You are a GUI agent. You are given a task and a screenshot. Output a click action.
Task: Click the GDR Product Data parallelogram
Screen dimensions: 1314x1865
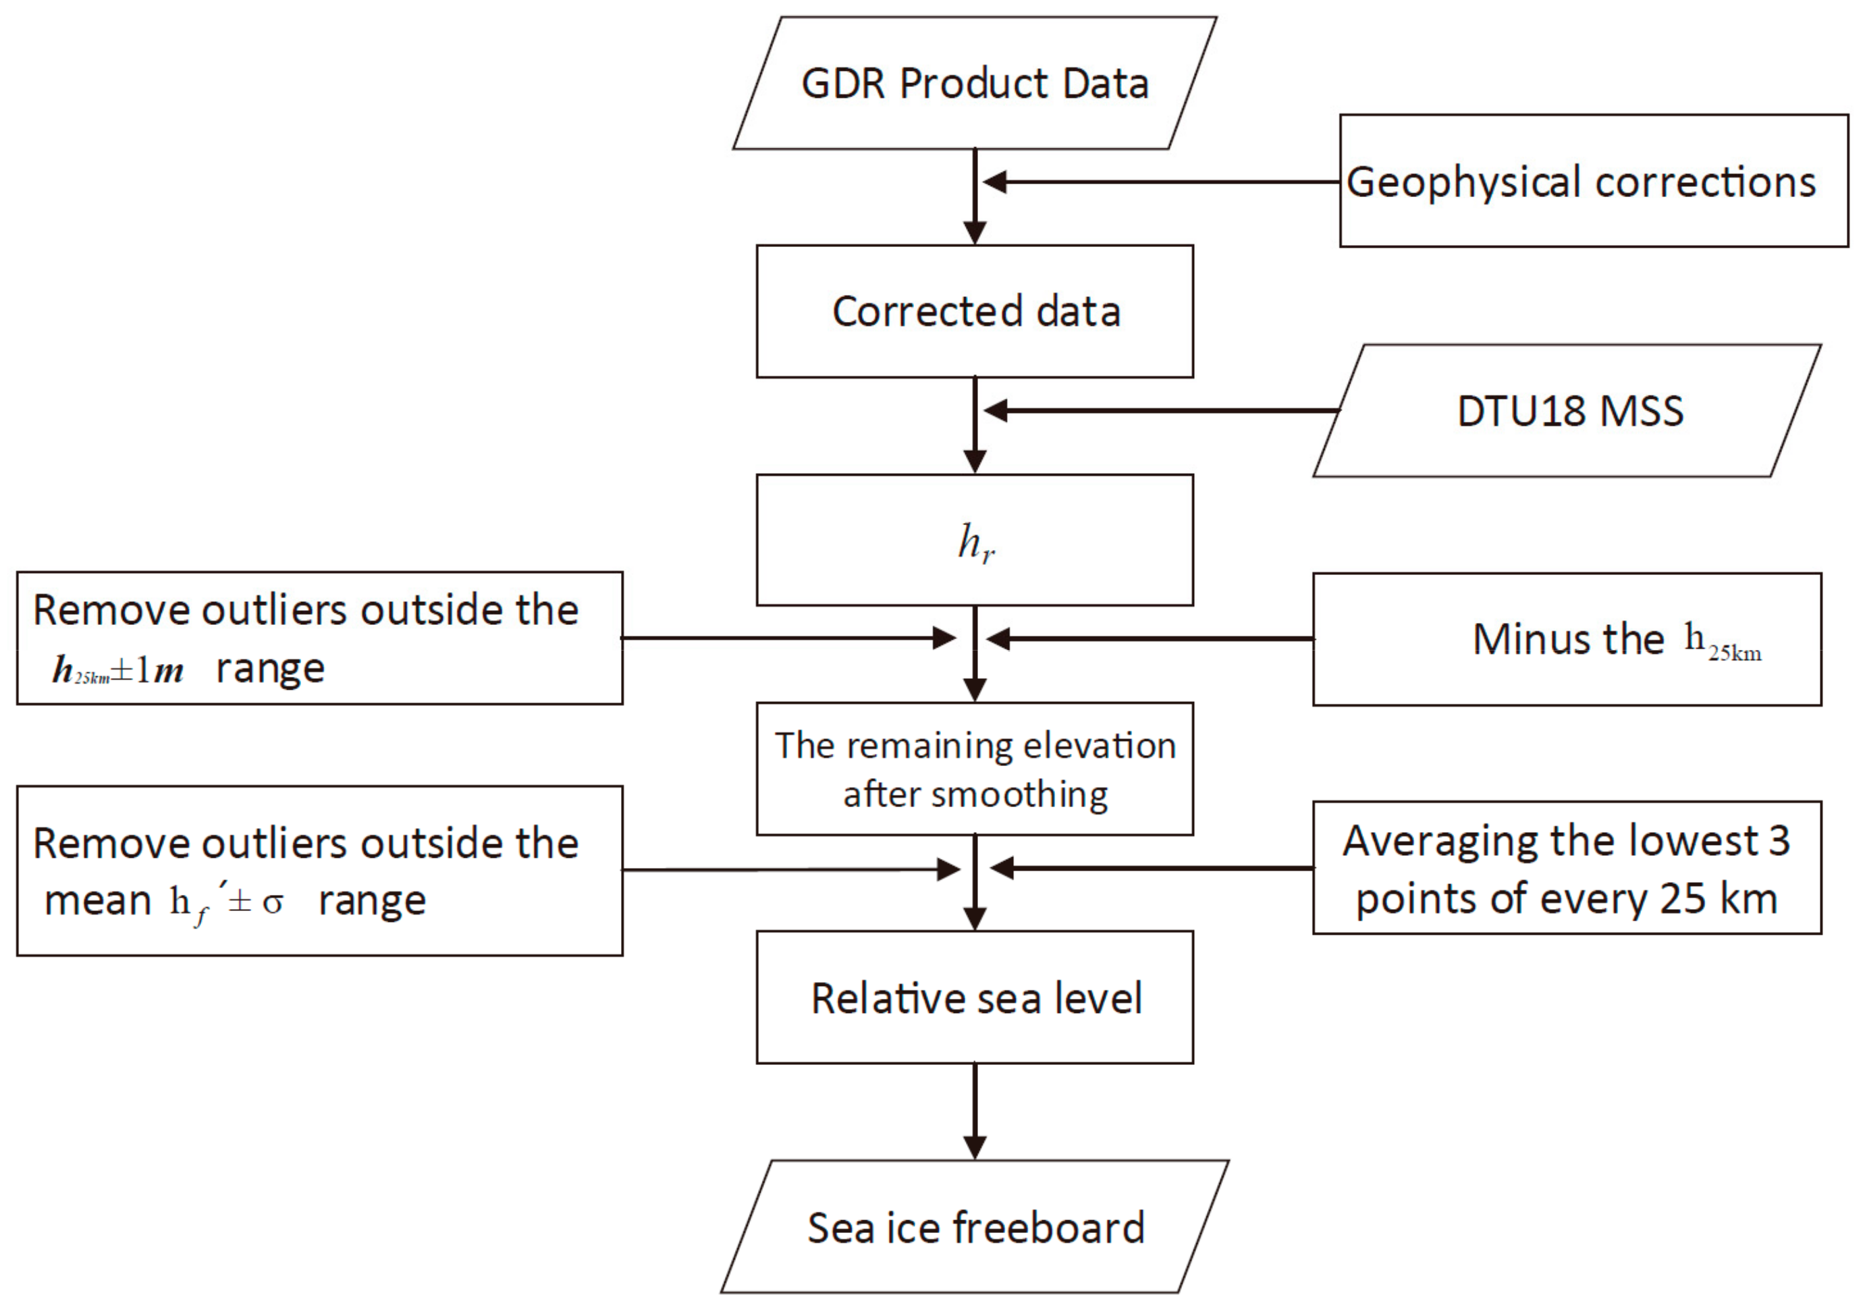click(975, 84)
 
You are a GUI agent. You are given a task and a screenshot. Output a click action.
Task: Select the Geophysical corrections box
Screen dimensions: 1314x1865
click(1594, 181)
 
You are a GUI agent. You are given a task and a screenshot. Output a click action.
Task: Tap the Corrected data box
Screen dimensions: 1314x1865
click(975, 312)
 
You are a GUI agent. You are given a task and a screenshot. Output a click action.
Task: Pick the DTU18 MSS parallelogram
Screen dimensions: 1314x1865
click(1568, 411)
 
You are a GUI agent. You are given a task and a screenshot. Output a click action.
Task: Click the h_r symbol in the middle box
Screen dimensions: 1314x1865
click(975, 542)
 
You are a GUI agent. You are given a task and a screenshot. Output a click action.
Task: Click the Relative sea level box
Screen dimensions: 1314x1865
click(975, 998)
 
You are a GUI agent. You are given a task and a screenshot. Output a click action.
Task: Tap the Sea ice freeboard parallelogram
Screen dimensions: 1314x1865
click(975, 1227)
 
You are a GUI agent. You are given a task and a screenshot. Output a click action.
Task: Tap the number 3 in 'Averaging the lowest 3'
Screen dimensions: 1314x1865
click(1779, 842)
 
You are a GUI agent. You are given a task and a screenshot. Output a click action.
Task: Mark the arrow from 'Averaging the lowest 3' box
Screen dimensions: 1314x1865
click(1154, 868)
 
